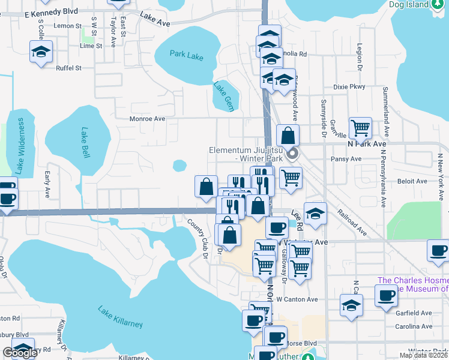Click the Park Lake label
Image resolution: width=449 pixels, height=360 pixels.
click(x=186, y=57)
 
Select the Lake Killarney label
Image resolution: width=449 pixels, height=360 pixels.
click(x=121, y=316)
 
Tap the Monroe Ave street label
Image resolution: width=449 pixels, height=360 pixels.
click(x=147, y=119)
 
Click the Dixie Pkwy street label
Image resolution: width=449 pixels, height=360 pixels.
click(x=349, y=87)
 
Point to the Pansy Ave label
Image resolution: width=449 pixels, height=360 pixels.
click(x=346, y=159)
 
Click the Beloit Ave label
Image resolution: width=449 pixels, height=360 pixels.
click(x=410, y=180)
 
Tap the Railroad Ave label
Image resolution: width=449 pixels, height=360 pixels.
click(x=352, y=221)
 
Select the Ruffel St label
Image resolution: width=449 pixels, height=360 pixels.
click(x=68, y=68)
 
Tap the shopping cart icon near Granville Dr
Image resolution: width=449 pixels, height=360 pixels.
click(x=360, y=127)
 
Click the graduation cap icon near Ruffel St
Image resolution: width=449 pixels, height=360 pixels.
click(x=41, y=52)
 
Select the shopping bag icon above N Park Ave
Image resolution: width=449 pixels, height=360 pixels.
click(x=288, y=135)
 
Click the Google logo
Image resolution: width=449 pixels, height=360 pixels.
click(x=20, y=353)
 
